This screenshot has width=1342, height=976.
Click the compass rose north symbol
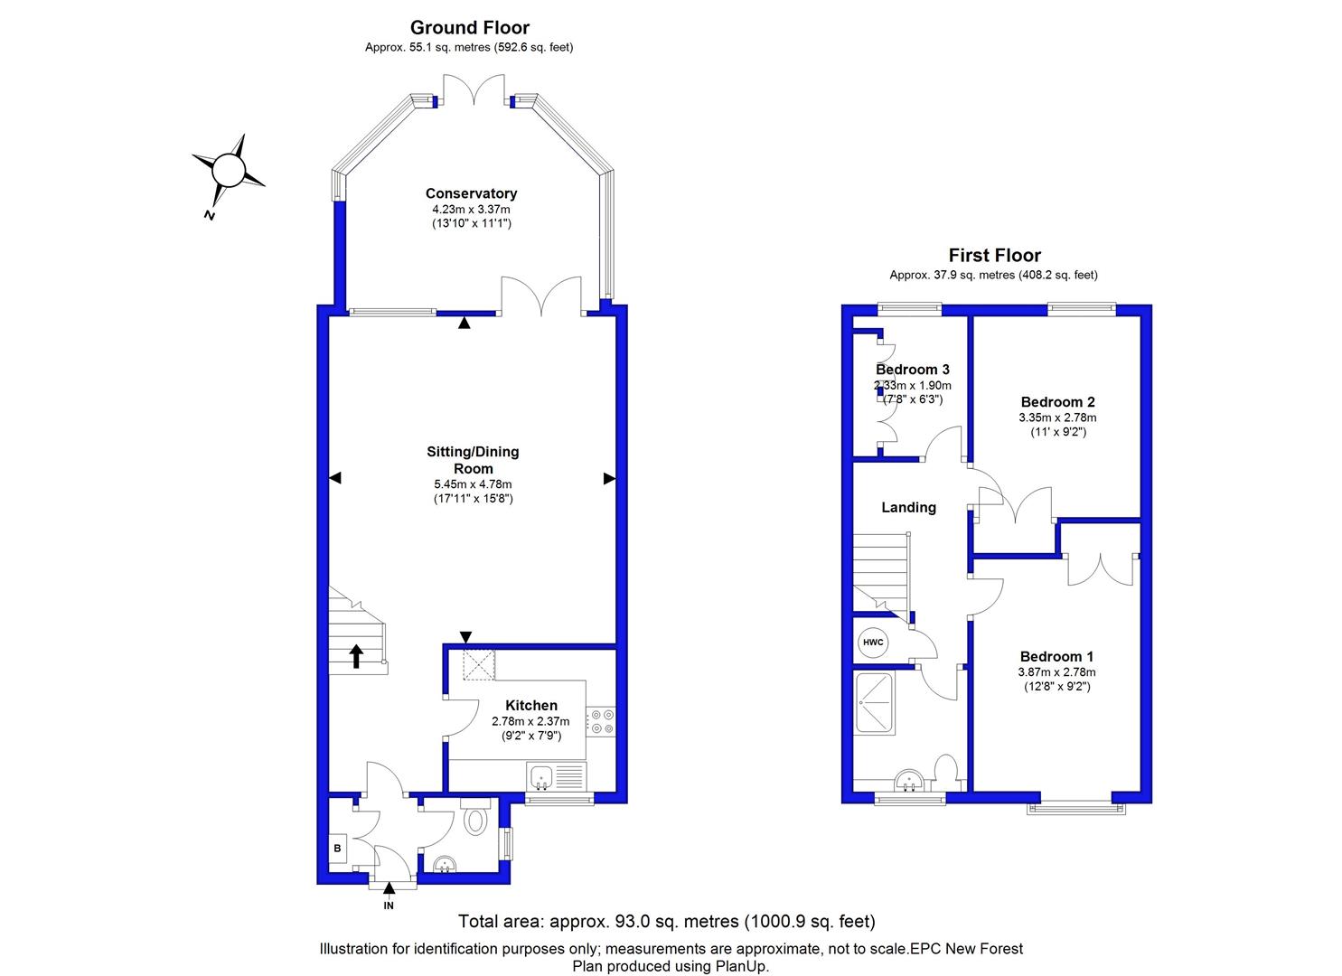[228, 171]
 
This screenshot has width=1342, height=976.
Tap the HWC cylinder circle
[873, 643]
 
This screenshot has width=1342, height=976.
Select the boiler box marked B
[337, 849]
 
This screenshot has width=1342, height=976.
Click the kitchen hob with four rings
[601, 721]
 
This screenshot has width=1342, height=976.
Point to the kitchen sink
[557, 777]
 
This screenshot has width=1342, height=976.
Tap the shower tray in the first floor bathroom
[875, 703]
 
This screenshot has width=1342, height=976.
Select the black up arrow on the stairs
[356, 656]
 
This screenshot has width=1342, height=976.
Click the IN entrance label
[389, 906]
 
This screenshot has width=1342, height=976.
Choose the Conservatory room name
[471, 193]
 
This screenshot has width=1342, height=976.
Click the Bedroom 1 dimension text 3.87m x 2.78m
[1056, 672]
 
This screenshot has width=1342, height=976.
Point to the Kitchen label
[530, 705]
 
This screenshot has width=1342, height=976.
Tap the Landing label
[908, 508]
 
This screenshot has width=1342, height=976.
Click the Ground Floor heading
[470, 27]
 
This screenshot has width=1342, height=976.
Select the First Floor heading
[994, 255]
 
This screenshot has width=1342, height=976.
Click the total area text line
[666, 921]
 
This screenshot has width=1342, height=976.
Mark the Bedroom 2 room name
[1058, 402]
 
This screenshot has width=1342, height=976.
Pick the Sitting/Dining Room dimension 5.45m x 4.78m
[473, 484]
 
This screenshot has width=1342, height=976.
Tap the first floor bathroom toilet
[945, 772]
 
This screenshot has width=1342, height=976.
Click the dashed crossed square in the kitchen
[479, 665]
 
